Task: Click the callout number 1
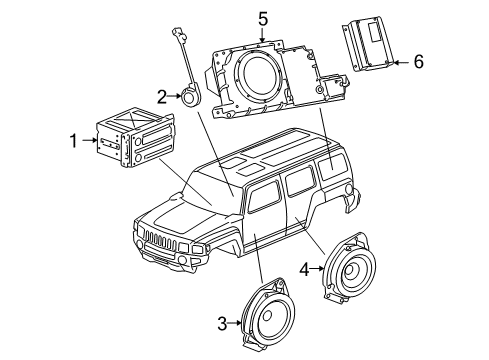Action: pos(72,143)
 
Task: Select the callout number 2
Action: pos(160,96)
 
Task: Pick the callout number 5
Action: pos(262,18)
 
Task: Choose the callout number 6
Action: pos(418,62)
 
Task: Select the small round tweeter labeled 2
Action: pos(188,98)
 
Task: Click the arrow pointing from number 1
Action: pos(87,143)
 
